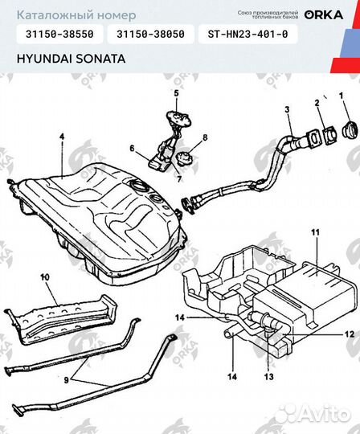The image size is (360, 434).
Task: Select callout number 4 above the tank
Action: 61,138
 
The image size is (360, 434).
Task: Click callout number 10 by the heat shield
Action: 44,277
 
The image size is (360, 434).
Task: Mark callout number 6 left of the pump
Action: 131,148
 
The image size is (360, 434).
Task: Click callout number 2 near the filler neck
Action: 317,103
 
